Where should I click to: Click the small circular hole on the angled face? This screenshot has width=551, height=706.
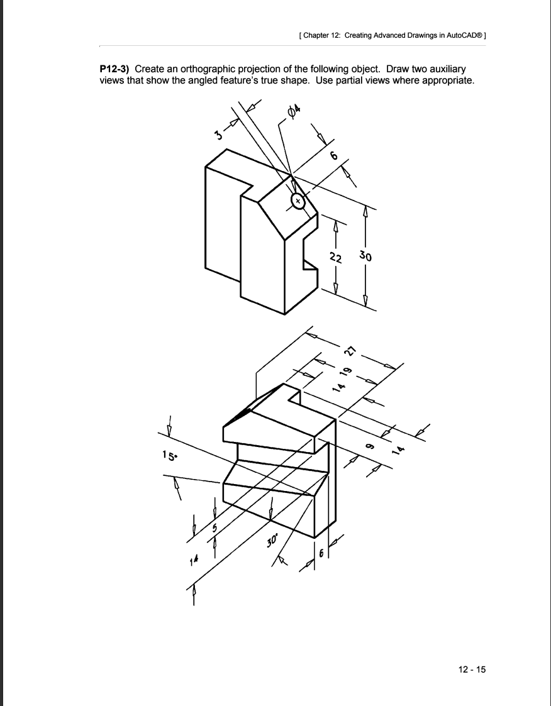298,201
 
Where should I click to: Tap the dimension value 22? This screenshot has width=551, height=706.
336,256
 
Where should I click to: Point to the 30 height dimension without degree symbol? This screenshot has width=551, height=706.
365,256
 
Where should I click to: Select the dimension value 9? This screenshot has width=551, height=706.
370,445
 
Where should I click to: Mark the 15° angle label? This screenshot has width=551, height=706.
167,455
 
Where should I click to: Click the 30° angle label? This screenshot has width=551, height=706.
272,540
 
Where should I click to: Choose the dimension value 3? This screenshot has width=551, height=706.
218,135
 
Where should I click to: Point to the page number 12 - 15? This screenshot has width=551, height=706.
472,669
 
